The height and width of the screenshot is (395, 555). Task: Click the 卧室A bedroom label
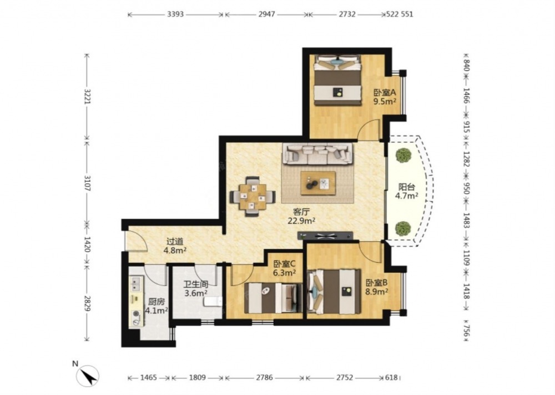[x=385, y=93]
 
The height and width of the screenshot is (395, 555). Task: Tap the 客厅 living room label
[x=301, y=212]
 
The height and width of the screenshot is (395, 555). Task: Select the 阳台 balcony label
[x=407, y=187]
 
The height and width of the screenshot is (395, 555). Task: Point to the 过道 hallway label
[x=175, y=242]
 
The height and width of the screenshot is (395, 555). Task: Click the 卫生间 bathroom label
[x=196, y=284]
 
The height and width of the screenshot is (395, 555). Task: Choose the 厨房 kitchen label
[x=156, y=302]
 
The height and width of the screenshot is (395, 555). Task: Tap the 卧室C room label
[x=285, y=264]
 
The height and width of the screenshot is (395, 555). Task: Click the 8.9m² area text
[x=377, y=292]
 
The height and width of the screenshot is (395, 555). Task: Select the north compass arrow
[x=88, y=376]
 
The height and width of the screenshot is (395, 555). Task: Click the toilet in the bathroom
[x=213, y=302]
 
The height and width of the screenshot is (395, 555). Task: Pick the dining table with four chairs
[x=253, y=196]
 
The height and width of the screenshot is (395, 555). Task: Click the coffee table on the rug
[x=318, y=183]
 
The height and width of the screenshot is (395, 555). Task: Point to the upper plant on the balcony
[x=403, y=155]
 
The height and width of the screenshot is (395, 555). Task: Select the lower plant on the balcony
[x=403, y=228]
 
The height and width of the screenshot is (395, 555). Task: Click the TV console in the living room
[x=325, y=236]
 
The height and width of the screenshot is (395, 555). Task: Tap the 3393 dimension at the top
[x=175, y=14]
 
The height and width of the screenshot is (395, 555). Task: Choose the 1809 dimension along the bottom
[x=197, y=378]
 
